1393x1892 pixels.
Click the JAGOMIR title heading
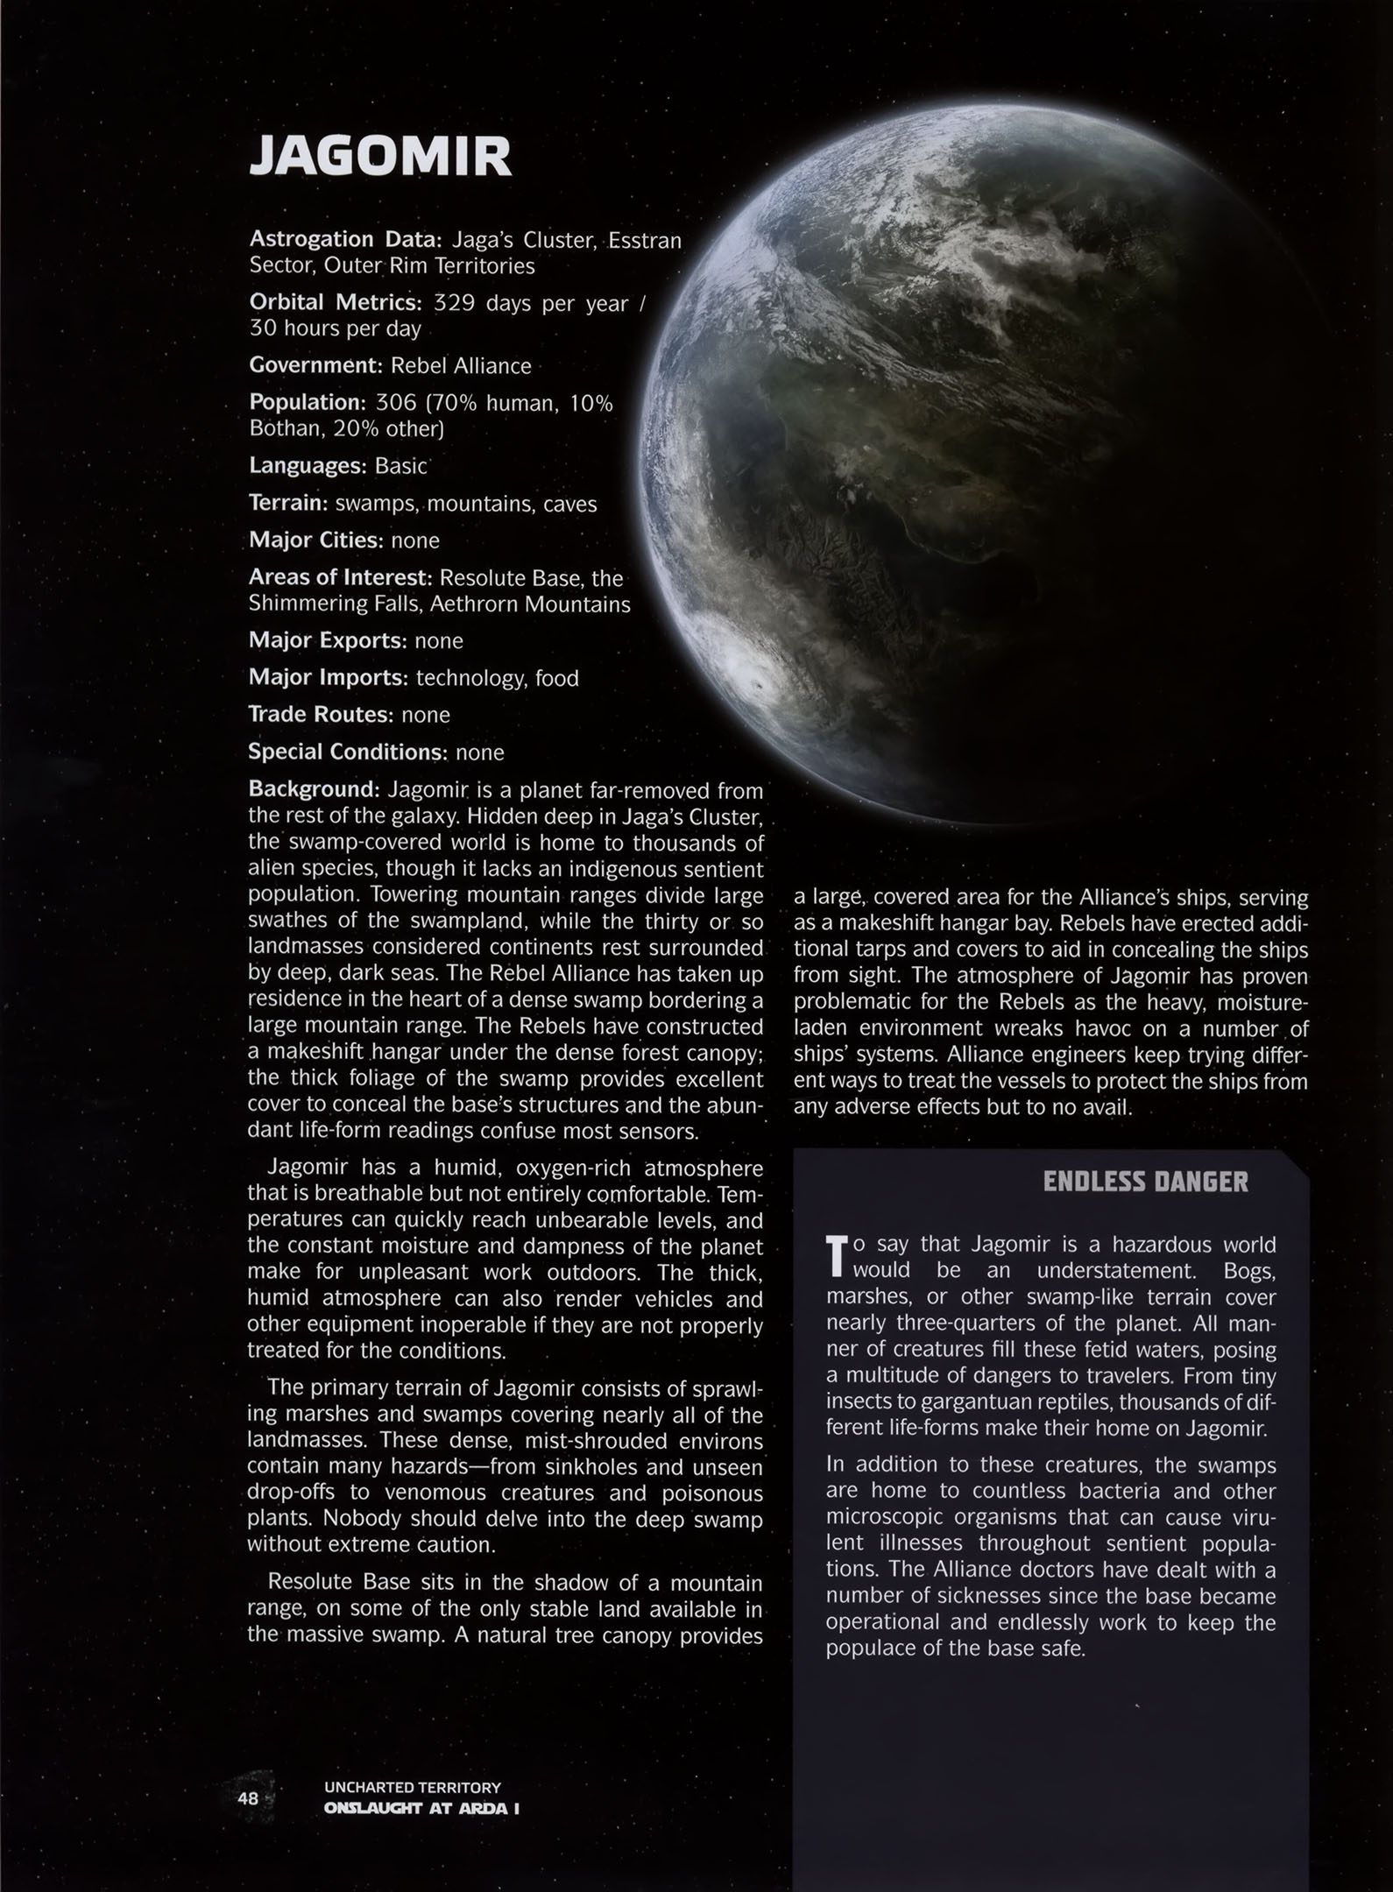(379, 158)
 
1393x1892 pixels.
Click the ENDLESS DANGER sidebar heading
(1145, 1182)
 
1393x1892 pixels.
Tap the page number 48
(248, 1797)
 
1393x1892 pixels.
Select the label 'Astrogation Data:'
(348, 239)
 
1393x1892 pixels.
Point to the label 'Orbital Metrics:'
(335, 303)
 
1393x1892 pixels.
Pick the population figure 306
(395, 403)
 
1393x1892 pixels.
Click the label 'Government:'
(316, 365)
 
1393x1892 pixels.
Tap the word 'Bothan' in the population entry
(285, 429)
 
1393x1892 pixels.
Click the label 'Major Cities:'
(315, 540)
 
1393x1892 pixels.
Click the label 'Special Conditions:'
(348, 752)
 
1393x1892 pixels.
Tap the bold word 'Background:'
(314, 789)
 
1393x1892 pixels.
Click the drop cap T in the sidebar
(838, 1255)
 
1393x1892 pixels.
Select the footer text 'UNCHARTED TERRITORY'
(412, 1787)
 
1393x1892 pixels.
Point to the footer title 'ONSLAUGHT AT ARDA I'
(421, 1809)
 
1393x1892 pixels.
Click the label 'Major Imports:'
(328, 678)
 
